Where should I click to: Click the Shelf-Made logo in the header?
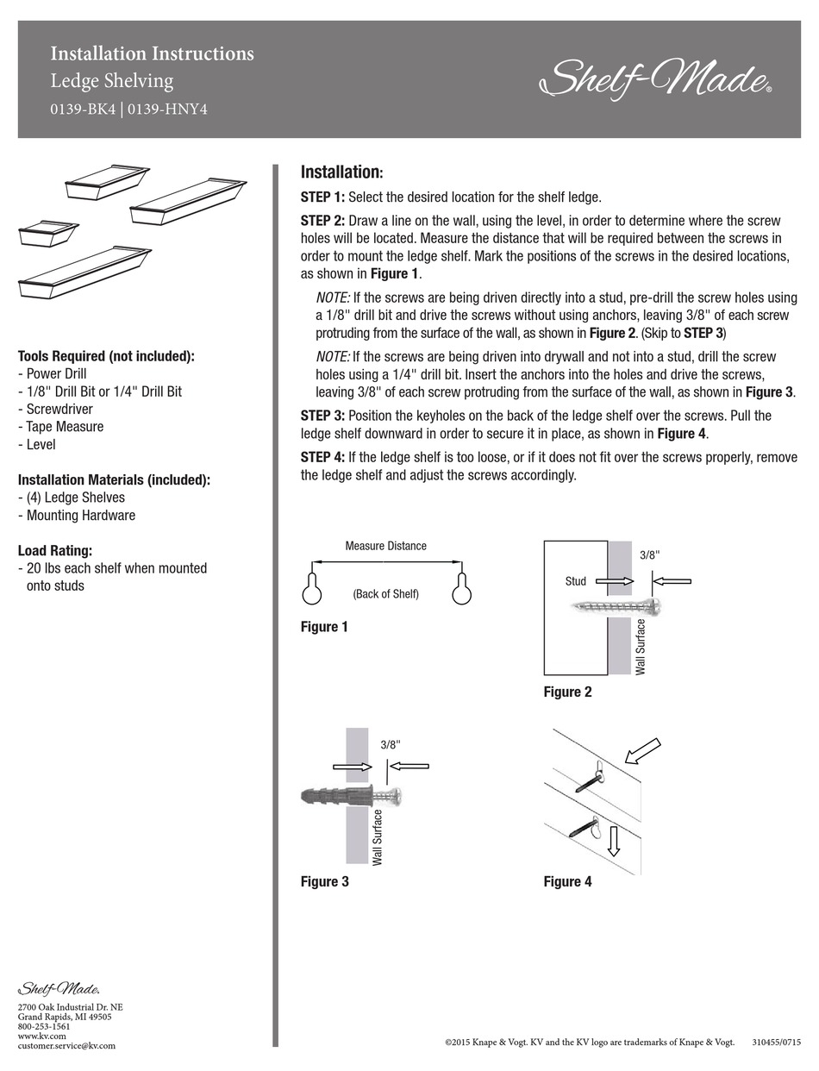(655, 78)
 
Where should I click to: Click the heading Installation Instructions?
(152, 53)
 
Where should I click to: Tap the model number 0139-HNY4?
(168, 110)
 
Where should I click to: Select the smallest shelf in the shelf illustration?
(49, 233)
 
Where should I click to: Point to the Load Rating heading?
(55, 550)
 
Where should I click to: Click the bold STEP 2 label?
(322, 220)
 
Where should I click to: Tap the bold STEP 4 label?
(322, 457)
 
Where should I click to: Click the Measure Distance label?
(385, 546)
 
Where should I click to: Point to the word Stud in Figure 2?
(575, 581)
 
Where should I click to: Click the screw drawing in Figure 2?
(616, 607)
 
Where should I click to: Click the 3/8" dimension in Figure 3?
(391, 744)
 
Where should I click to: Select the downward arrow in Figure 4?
(613, 841)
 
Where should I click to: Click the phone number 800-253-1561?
(44, 1026)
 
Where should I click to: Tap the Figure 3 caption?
(325, 881)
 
